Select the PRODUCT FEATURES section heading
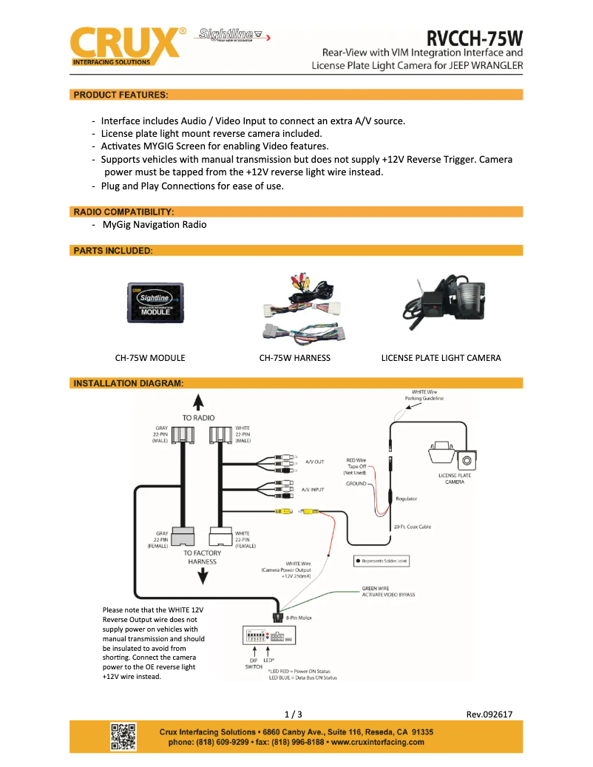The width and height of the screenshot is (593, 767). click(121, 95)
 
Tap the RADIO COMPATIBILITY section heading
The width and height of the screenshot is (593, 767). click(124, 212)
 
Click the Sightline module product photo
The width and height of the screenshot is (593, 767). click(156, 303)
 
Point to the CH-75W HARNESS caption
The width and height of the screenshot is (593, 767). click(294, 358)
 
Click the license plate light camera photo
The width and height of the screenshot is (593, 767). click(441, 303)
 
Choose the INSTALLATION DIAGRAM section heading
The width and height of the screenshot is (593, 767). click(129, 383)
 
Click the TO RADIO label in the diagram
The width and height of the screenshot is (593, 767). click(199, 418)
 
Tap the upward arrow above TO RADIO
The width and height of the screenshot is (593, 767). click(199, 402)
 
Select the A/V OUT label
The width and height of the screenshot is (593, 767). click(315, 462)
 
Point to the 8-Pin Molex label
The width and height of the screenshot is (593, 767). click(298, 618)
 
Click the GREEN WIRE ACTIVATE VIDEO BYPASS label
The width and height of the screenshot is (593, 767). click(388, 592)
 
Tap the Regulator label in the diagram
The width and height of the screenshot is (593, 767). click(407, 499)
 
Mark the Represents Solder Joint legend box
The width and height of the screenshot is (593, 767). click(382, 561)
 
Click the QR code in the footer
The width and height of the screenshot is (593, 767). click(123, 736)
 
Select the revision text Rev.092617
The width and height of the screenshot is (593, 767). click(489, 714)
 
